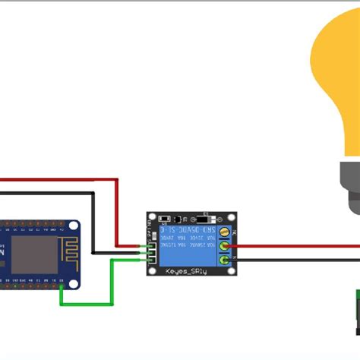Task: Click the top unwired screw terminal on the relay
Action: pyautogui.click(x=224, y=232)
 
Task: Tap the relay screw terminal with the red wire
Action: pyautogui.click(x=224, y=246)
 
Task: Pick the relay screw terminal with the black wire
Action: pyautogui.click(x=224, y=260)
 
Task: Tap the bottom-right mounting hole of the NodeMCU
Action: pyautogui.click(x=73, y=283)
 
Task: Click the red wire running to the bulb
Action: pyautogui.click(x=296, y=246)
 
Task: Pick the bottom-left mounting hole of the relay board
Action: pyautogui.click(x=153, y=273)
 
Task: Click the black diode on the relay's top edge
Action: pyautogui.click(x=201, y=215)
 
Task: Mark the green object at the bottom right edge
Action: pyautogui.click(x=355, y=311)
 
